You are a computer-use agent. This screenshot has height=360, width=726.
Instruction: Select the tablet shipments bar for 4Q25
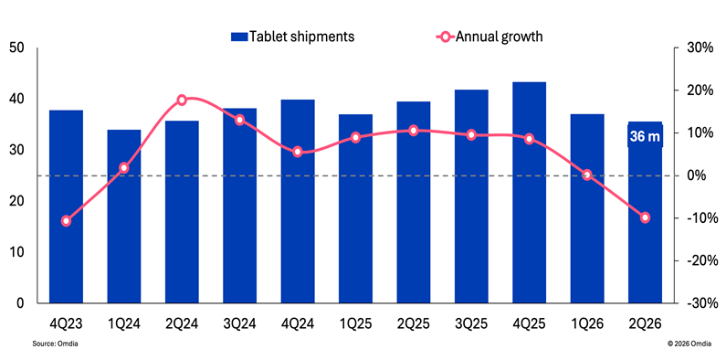[530, 193]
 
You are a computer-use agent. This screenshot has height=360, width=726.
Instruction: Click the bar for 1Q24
[124, 217]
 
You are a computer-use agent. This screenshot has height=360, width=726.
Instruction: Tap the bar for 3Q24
[240, 206]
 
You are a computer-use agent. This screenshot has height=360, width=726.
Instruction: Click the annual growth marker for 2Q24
[182, 101]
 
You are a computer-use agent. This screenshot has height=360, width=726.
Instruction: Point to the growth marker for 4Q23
[67, 221]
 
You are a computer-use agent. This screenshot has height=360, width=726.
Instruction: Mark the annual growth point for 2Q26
[645, 217]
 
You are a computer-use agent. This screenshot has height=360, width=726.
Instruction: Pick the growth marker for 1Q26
[587, 175]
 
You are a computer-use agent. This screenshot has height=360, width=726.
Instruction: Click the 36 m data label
[645, 137]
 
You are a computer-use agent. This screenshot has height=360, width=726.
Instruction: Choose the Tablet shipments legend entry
[292, 37]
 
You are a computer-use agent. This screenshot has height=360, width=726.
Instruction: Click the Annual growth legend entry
[489, 37]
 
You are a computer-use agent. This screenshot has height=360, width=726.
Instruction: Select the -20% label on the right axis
[700, 260]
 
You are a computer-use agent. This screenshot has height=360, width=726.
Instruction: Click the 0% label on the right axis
[705, 175]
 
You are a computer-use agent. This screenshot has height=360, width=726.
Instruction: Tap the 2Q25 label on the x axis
[414, 323]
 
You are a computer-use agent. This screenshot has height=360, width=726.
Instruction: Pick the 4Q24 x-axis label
[298, 323]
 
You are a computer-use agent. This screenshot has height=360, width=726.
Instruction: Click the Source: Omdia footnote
[55, 344]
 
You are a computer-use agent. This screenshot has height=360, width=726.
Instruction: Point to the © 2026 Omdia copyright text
[689, 344]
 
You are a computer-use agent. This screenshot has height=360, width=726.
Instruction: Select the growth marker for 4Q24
[298, 152]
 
